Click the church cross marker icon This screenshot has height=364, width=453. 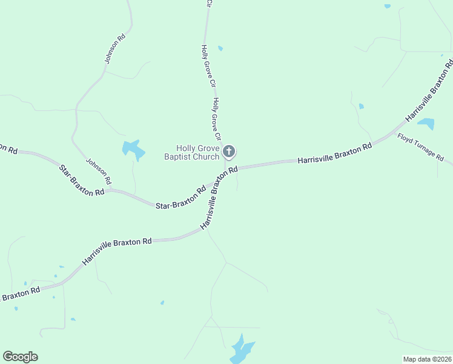point(229,151)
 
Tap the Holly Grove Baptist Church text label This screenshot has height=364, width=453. point(197,152)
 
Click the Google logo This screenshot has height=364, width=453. point(20,357)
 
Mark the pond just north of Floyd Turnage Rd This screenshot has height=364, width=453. point(427,124)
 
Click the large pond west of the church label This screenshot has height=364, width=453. point(133,149)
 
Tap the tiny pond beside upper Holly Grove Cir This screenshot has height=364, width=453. point(220,49)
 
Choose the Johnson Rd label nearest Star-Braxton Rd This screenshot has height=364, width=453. point(99,172)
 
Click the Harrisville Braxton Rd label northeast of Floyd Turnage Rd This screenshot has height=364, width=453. point(429,89)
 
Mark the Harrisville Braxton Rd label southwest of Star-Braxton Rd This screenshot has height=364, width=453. point(117,251)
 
